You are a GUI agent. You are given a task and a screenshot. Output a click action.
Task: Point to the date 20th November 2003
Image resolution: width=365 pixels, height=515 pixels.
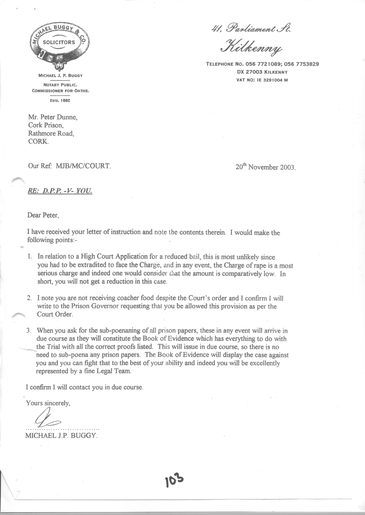[265, 167]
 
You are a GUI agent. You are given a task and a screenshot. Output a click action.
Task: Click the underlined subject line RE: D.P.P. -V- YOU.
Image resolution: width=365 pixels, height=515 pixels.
[60, 191]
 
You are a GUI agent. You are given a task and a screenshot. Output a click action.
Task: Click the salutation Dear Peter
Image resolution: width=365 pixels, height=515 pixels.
[43, 215]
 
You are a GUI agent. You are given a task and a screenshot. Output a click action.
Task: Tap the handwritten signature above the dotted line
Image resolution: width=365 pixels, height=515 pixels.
[47, 420]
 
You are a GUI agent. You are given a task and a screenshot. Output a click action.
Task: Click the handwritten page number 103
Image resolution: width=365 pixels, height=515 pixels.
[174, 482]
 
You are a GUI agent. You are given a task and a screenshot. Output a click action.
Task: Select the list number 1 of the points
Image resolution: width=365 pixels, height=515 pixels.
[30, 257]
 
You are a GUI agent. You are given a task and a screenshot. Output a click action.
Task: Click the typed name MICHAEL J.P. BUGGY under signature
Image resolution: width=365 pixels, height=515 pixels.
[62, 436]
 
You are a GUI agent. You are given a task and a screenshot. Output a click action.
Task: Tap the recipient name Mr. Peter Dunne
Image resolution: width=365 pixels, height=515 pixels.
[53, 117]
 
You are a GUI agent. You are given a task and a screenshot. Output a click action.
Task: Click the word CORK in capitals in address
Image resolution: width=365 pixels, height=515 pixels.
[38, 142]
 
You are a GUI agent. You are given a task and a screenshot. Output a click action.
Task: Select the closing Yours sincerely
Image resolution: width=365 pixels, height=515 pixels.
[48, 403]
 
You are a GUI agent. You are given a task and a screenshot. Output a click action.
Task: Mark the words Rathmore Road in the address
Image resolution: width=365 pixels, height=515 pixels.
[51, 133]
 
